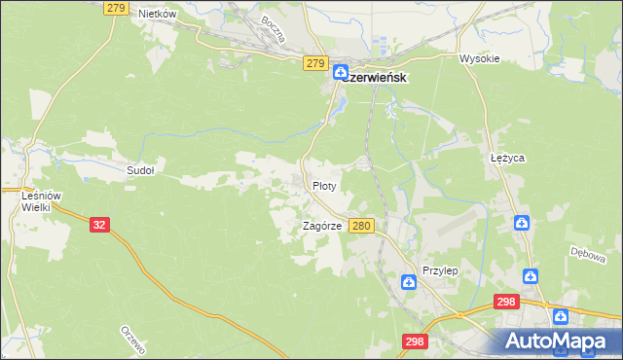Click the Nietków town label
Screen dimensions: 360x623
[157, 14]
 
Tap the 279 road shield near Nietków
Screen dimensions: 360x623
[115, 8]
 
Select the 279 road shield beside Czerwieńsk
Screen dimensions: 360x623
[313, 63]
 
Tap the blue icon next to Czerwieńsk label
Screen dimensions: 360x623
[342, 72]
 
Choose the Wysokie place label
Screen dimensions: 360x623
[479, 58]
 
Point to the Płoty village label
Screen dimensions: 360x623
[324, 185]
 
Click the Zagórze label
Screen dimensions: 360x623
[321, 226]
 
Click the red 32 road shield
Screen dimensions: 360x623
[98, 224]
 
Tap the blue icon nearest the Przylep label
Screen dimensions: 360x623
[409, 282]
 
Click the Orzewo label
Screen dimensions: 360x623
[132, 340]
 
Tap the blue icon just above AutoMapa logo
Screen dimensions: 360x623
[561, 317]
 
